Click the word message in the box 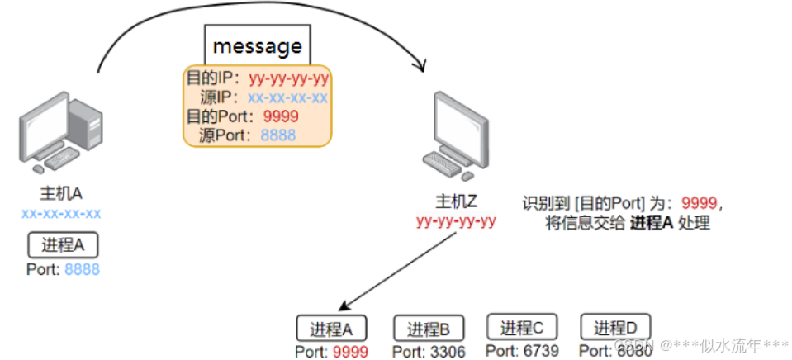click(257, 45)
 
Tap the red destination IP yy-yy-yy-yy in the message click(288, 79)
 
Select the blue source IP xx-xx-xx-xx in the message click(287, 98)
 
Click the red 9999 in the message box click(280, 116)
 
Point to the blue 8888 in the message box click(278, 135)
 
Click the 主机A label click(61, 194)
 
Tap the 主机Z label click(456, 202)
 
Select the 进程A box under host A click(63, 245)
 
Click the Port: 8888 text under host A click(63, 268)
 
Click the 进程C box click(522, 327)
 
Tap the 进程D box click(616, 327)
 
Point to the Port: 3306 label click(428, 352)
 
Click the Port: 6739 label click(522, 351)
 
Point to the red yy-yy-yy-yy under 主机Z click(456, 220)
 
